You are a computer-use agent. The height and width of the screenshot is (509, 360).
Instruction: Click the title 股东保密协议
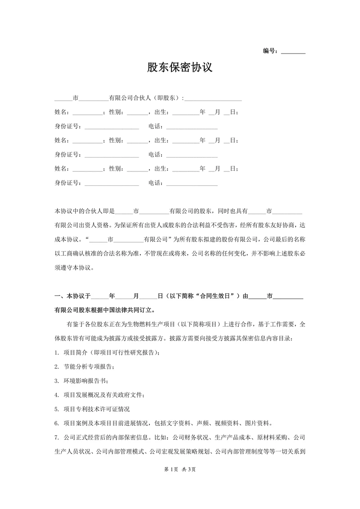click(x=180, y=68)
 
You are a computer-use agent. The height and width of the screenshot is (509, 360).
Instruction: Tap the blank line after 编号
click(x=293, y=52)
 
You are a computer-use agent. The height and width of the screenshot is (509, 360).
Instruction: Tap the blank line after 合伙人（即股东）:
click(x=213, y=99)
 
